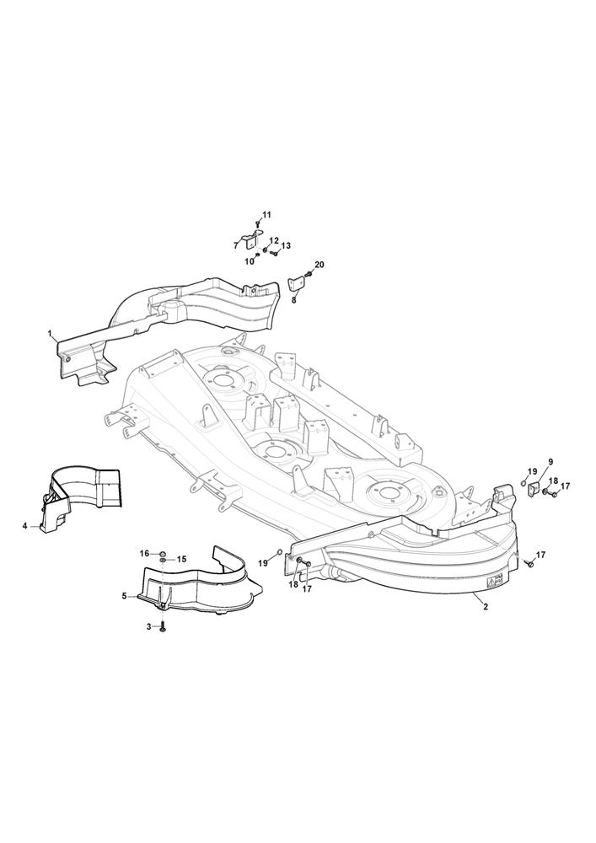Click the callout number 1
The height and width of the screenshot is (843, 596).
pyautogui.click(x=50, y=334)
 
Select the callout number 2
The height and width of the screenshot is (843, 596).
pyautogui.click(x=486, y=607)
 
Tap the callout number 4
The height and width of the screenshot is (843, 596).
pyautogui.click(x=24, y=526)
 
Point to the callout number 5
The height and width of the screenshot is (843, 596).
pyautogui.click(x=125, y=596)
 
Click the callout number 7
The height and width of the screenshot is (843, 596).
pyautogui.click(x=236, y=245)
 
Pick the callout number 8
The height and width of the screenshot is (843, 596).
pyautogui.click(x=294, y=301)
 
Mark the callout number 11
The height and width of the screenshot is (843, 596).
pyautogui.click(x=267, y=215)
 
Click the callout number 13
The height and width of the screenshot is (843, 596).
pyautogui.click(x=286, y=245)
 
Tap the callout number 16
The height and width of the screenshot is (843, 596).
pyautogui.click(x=144, y=554)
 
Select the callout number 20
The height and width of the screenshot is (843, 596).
pyautogui.click(x=319, y=265)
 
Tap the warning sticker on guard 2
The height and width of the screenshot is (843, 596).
pyautogui.click(x=495, y=581)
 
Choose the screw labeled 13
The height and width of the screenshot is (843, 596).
pyautogui.click(x=273, y=252)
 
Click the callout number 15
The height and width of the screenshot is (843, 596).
pyautogui.click(x=181, y=559)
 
